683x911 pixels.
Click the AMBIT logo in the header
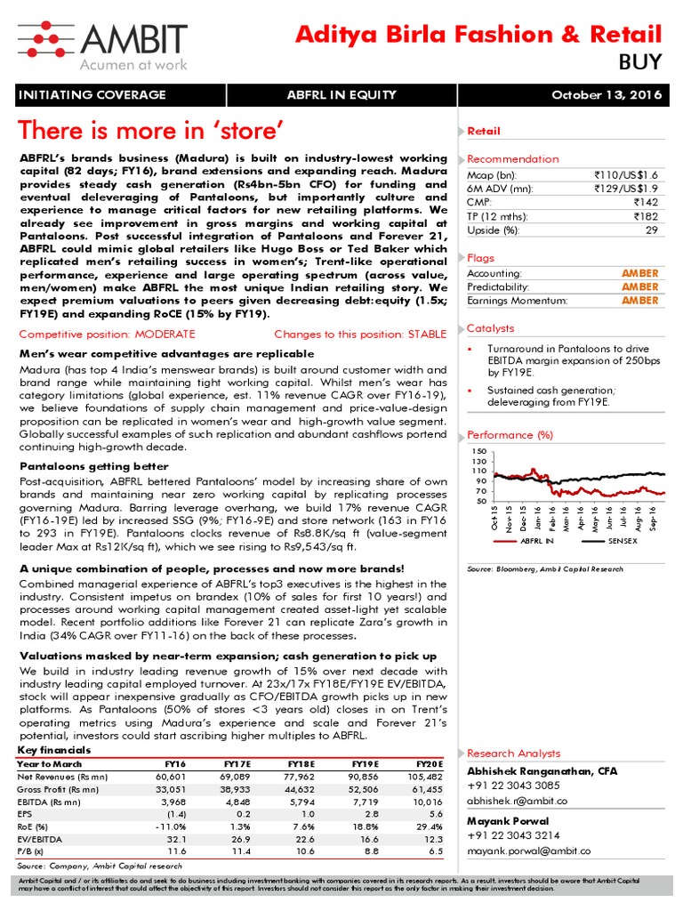coord(102,44)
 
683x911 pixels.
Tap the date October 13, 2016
coord(607,96)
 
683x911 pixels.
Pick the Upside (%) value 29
coord(651,230)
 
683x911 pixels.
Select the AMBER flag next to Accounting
coord(639,273)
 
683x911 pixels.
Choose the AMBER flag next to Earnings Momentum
coord(639,301)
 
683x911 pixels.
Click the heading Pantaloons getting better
coord(92,466)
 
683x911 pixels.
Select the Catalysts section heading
coord(490,328)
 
